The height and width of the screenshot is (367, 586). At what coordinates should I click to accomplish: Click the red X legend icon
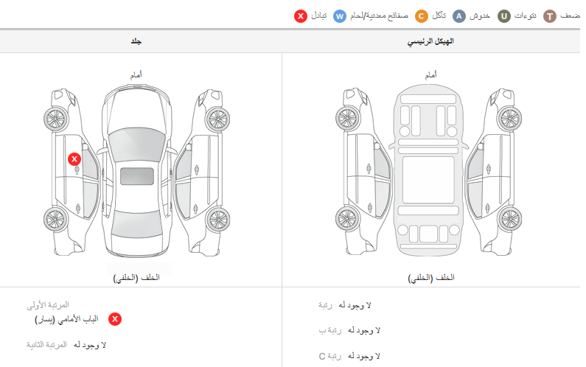pos(301,16)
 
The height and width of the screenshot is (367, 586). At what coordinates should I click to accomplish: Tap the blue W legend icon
pos(340,16)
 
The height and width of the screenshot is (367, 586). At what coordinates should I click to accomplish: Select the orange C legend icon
pos(421,16)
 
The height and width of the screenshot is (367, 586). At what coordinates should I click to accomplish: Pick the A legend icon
pos(459,16)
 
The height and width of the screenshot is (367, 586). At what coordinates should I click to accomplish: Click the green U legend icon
pos(503,16)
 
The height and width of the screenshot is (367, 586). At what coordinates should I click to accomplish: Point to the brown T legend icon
pos(549,16)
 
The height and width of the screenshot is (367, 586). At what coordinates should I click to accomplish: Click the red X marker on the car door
pos(74,159)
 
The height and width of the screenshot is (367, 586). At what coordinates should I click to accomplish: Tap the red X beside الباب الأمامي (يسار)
pos(115,319)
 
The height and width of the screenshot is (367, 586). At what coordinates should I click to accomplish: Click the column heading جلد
pos(136,41)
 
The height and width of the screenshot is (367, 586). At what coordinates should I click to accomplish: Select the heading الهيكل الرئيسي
pos(430,41)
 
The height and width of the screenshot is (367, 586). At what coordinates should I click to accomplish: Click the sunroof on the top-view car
pos(137,176)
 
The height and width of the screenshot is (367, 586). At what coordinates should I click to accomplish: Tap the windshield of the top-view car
pos(137,144)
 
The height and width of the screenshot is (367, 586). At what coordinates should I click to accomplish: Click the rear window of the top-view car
pos(137,223)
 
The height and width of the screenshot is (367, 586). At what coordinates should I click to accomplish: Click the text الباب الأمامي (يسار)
pos(66,320)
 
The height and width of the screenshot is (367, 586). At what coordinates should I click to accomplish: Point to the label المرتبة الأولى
pos(48,305)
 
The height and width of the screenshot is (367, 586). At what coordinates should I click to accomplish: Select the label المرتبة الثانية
pos(46,345)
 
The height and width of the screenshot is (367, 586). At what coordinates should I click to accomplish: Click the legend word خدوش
pos(480,16)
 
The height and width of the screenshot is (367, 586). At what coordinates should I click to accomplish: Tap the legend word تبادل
pos(318,16)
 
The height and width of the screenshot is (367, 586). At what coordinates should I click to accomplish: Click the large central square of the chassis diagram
pos(428,180)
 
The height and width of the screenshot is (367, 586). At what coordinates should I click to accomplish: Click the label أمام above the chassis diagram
pos(431,75)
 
